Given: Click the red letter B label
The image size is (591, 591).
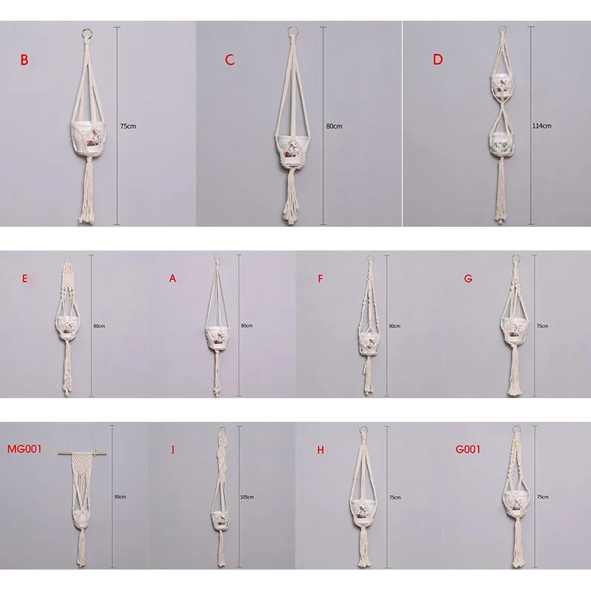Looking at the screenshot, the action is point(24,60).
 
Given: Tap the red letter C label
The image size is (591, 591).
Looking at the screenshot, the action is point(230,60).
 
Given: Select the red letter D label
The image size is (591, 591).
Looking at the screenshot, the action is point(437,60).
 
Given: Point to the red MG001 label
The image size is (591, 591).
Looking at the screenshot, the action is point(24,449).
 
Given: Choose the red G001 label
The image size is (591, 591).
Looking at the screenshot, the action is point(468,449).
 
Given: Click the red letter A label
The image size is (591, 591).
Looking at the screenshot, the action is point(173,279).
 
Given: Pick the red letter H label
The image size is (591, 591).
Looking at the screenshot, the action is point(321,450).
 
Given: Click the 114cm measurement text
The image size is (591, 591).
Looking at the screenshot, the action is point(542,126).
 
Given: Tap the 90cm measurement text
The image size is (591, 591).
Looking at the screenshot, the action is point(394,326).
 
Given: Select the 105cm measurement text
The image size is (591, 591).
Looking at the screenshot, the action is point(247,497).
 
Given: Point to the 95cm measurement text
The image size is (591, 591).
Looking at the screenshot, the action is point(120,496).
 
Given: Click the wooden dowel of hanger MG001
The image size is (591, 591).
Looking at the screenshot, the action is point(82,454).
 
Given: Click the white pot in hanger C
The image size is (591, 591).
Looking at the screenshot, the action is point(293,150).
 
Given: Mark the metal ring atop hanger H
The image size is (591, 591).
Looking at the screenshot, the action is point(363,431).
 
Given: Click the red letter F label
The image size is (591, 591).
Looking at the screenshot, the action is point(321,279).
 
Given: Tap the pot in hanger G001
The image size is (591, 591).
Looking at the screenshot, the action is point(514,502).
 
